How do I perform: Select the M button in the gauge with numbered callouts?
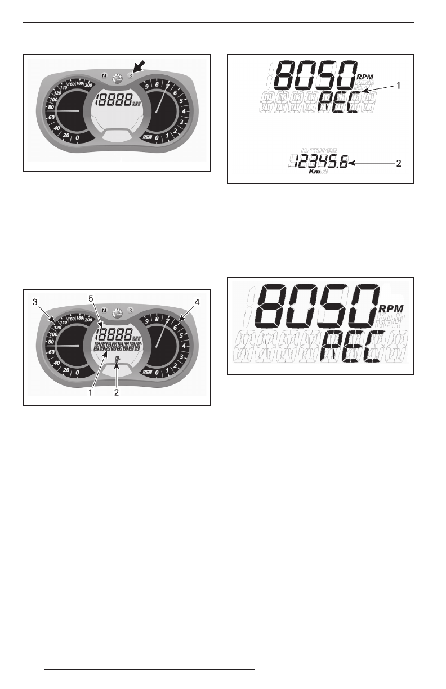[104, 310]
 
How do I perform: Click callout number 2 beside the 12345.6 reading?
[398, 164]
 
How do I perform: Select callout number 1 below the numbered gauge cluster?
[90, 392]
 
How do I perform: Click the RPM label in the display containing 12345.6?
[365, 77]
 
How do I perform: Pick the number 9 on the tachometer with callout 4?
[146, 322]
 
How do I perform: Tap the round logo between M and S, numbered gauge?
[117, 312]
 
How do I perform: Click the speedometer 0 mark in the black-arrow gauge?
[77, 137]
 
